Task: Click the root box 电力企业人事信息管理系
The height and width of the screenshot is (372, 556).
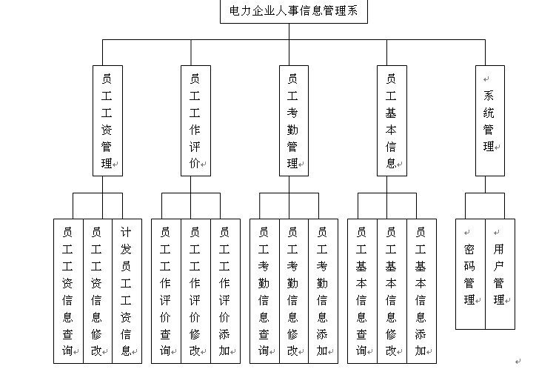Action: (x=294, y=11)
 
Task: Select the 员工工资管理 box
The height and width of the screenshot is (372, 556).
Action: (x=107, y=121)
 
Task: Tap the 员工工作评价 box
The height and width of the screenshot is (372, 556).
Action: (x=195, y=121)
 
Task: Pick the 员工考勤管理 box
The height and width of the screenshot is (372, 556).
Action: (x=294, y=121)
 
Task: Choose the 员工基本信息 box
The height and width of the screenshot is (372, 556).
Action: (x=392, y=121)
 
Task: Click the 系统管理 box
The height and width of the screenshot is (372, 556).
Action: (x=489, y=121)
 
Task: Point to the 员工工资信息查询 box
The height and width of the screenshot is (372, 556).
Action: (x=68, y=291)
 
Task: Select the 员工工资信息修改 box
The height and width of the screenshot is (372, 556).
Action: (x=98, y=291)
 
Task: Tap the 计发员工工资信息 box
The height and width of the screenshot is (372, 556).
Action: (x=127, y=291)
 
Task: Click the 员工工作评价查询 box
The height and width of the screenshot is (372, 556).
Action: (x=167, y=291)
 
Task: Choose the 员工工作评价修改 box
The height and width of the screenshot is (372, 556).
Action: (x=195, y=291)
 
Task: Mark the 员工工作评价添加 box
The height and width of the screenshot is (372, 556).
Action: (x=226, y=291)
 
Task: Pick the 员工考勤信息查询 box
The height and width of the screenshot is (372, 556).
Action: (x=264, y=291)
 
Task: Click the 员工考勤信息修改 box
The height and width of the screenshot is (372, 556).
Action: (x=294, y=291)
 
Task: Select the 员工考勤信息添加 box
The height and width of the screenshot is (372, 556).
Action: (x=324, y=291)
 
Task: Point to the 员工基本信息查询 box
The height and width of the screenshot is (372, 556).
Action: (x=362, y=291)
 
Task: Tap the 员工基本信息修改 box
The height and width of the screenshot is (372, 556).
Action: (x=392, y=291)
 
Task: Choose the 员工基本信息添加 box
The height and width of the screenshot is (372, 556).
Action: (x=421, y=291)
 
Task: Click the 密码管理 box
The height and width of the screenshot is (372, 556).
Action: (x=471, y=274)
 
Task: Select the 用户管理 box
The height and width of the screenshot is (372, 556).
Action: (x=500, y=274)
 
